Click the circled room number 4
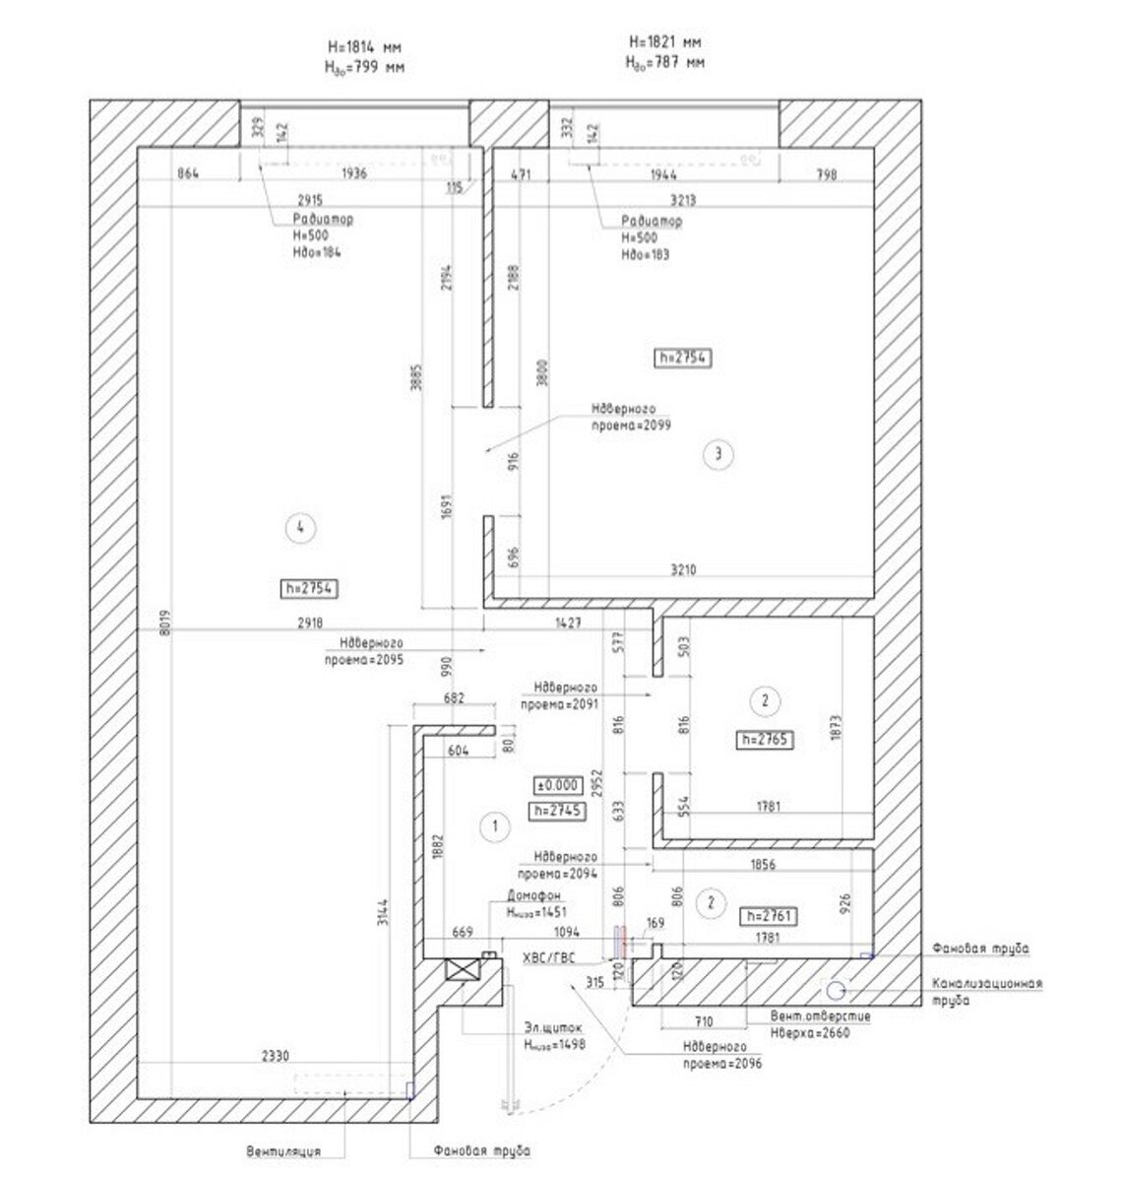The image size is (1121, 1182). click(x=300, y=528)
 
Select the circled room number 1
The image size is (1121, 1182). click(x=494, y=827)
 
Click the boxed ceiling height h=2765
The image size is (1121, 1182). click(x=765, y=739)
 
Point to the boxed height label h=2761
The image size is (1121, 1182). click(x=767, y=916)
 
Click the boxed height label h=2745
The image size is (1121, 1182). click(x=557, y=811)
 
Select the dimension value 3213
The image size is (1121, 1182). click(x=682, y=200)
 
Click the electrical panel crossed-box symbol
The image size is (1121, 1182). click(x=462, y=969)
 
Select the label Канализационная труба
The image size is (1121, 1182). click(x=986, y=990)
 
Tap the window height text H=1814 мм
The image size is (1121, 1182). click(x=364, y=47)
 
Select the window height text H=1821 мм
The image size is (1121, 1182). click(x=665, y=42)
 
